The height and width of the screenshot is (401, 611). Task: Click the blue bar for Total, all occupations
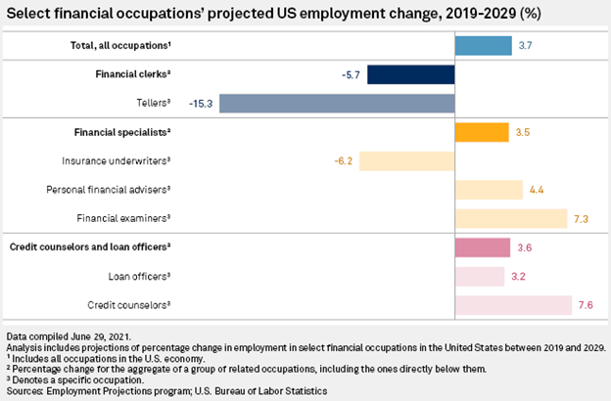(x=483, y=46)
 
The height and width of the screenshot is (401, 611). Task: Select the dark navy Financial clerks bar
(x=411, y=74)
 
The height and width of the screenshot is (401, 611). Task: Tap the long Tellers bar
(x=337, y=103)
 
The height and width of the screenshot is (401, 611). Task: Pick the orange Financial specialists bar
(x=482, y=131)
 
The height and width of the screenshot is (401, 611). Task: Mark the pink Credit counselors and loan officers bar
(x=483, y=246)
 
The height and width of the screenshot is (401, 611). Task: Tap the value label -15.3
(x=203, y=103)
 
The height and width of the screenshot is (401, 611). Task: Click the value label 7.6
(x=586, y=304)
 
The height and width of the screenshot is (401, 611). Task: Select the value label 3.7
(x=526, y=46)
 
